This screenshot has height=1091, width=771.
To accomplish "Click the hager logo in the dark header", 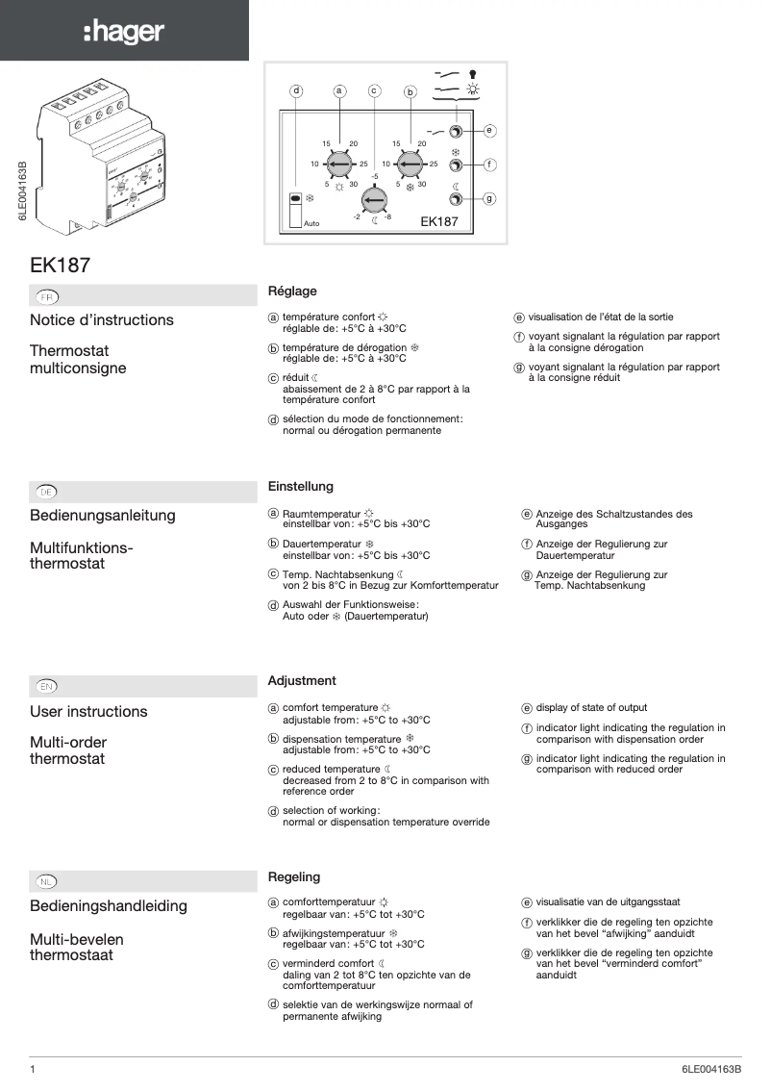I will coord(124,32).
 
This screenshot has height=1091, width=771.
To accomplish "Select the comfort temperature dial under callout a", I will coord(338,165).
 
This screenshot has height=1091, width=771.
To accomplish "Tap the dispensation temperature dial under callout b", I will coord(410,165).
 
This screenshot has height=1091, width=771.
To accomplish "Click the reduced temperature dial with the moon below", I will coord(374,200).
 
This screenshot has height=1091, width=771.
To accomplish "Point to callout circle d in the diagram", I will coord(297,90).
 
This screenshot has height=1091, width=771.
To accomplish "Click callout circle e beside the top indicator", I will coord(489,130).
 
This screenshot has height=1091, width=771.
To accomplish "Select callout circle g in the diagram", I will coord(489,198).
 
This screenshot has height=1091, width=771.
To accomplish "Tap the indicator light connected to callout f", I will coord(457,165).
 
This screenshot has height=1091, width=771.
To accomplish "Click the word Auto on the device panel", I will coord(311,224).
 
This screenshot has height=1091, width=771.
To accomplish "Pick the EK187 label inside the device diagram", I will coord(439,221).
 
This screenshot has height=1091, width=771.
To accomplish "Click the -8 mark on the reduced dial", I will coord(386,217).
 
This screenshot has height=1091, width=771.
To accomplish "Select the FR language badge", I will coord(47,296).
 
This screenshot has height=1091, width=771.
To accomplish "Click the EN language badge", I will coord(46,686).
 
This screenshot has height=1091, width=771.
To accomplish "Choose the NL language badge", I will coord(46,881).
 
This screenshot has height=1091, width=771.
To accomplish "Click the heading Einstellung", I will coord(301,487).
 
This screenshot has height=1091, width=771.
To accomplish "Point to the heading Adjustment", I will coord(302,681).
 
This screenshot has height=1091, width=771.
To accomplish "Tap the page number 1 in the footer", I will coord(33,1070).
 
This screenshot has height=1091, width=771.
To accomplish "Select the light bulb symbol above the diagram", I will coord(473,72).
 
